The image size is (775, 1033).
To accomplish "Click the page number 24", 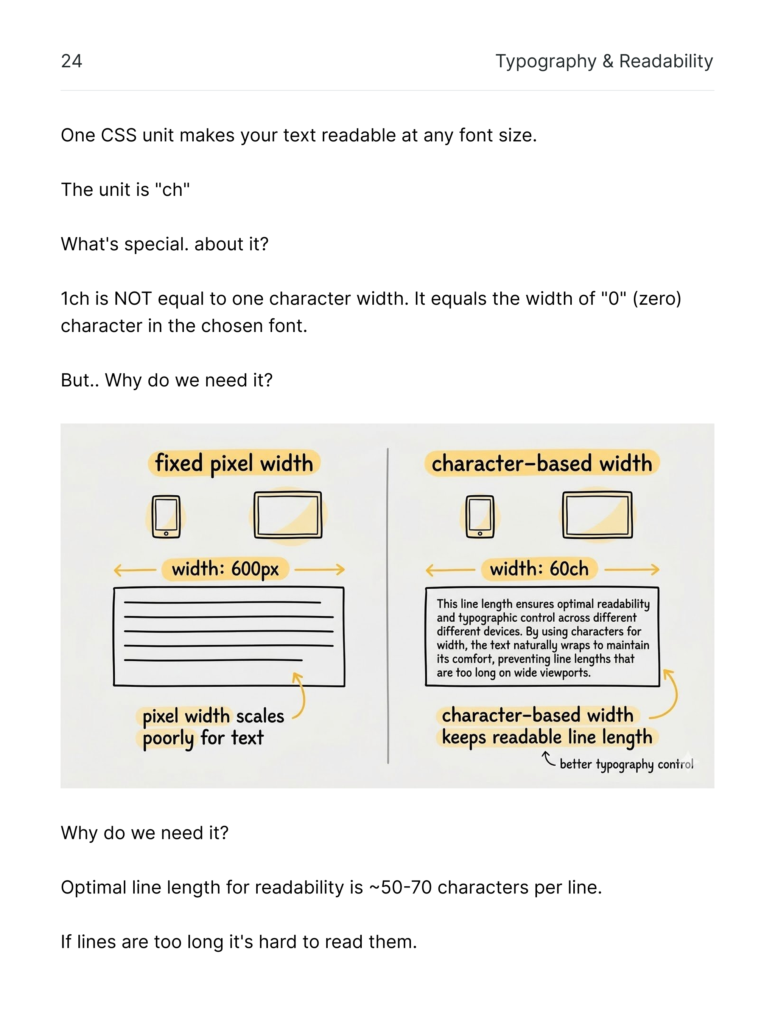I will [x=72, y=61].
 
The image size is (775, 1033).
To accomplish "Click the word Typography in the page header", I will [x=546, y=61].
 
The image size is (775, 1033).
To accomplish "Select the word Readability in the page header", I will [x=666, y=61].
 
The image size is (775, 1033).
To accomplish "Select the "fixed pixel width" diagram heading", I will [x=234, y=463].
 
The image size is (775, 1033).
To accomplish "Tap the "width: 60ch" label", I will [x=539, y=569].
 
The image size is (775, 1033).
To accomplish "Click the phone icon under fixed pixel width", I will [x=166, y=516].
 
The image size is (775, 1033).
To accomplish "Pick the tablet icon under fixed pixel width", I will [x=288, y=515].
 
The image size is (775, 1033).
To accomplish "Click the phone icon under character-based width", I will [x=480, y=516].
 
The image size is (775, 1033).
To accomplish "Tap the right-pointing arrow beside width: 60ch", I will [x=632, y=569].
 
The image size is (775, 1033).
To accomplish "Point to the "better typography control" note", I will [x=626, y=765].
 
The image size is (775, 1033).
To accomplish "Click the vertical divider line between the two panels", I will [x=387, y=607].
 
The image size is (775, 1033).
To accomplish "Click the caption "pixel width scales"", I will [x=213, y=716].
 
